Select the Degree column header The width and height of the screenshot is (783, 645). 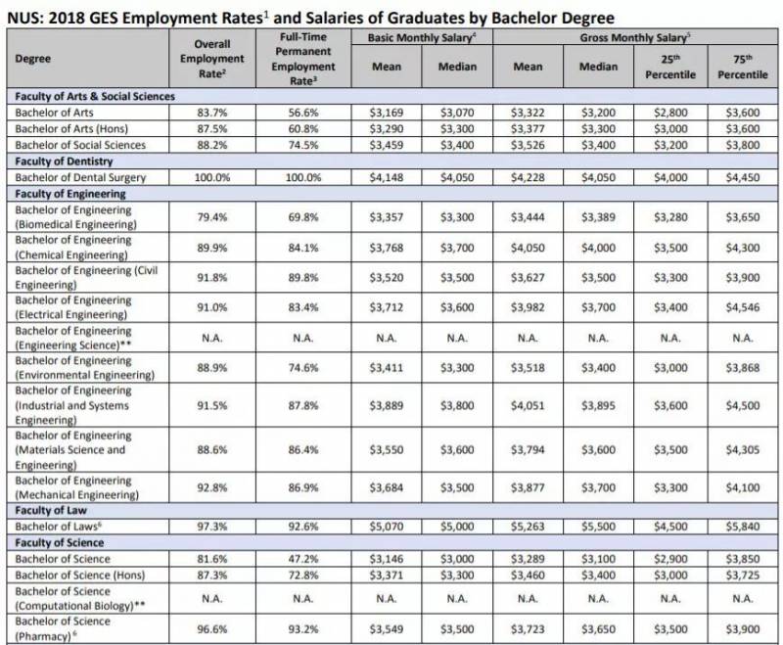35,58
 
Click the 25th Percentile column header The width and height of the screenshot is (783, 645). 670,66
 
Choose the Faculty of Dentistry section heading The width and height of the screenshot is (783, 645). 65,161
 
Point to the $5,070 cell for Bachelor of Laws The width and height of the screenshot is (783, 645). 389,527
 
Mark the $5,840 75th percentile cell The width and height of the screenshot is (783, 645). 742,527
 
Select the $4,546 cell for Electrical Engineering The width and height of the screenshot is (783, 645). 742,309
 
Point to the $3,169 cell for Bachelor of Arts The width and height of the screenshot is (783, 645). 389,113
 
